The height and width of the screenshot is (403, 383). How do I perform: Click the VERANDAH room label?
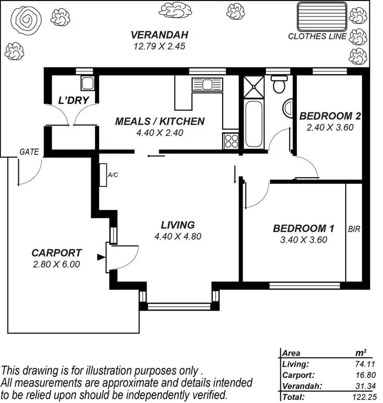click(160, 35)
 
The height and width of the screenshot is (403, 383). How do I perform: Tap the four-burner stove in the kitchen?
click(231, 141)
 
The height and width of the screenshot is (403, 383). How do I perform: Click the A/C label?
click(112, 175)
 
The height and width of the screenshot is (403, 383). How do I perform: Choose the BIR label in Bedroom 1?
click(354, 230)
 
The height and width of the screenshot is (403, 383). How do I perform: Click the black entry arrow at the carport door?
click(101, 255)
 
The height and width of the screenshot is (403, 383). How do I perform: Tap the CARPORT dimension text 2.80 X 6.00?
click(56, 264)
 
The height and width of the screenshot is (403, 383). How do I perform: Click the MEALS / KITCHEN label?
click(160, 122)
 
